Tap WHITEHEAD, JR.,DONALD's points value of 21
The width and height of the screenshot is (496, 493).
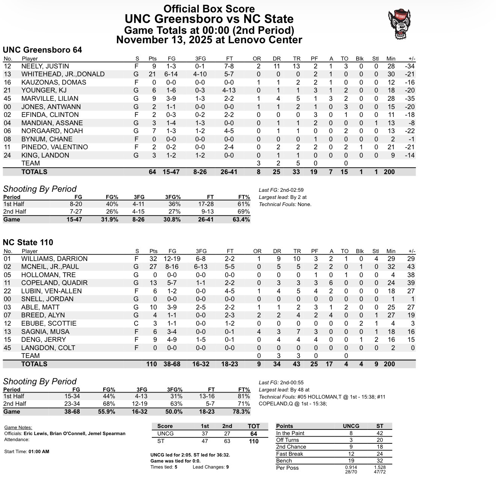(x=152, y=74)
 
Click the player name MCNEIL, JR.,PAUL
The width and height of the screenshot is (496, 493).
(x=50, y=267)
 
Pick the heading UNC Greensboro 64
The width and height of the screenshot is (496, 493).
(x=42, y=50)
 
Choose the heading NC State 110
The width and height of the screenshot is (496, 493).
(x=28, y=243)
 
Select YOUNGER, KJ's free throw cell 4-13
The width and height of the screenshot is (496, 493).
(x=230, y=90)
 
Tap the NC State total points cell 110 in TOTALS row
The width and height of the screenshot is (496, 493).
(x=151, y=364)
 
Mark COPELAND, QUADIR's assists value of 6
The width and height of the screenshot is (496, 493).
(x=331, y=283)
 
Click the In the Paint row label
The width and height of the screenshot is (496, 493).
(x=290, y=433)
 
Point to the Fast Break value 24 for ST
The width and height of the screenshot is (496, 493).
(x=380, y=454)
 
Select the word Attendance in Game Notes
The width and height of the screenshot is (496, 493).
(x=17, y=439)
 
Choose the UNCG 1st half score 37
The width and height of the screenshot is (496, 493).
(x=205, y=434)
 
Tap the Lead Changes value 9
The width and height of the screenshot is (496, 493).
(x=227, y=467)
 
